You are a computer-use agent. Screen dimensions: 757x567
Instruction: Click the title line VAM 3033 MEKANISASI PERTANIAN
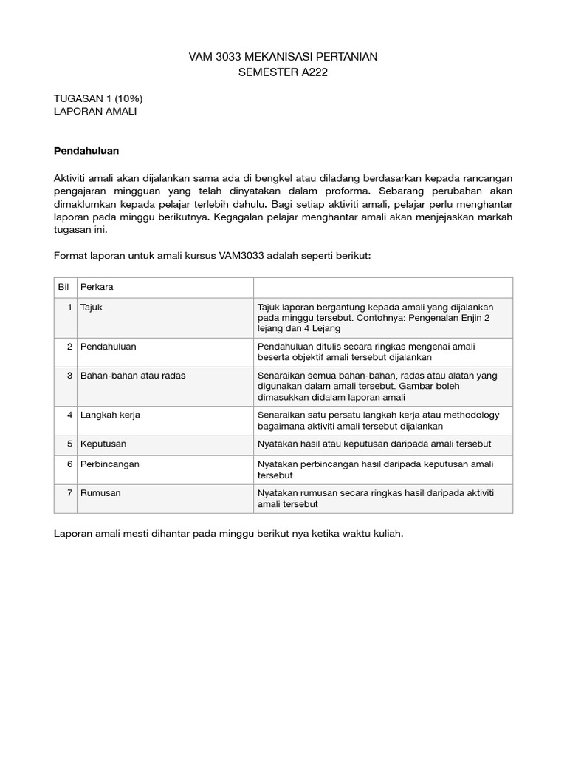pos(283,57)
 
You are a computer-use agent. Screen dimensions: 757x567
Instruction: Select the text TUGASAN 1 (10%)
pos(98,98)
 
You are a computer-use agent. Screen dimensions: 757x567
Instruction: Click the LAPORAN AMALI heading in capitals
pos(96,112)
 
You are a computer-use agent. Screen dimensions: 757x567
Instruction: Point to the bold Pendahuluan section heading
pos(86,151)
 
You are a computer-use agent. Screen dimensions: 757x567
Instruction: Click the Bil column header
pos(63,287)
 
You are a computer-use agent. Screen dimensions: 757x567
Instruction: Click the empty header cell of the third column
pos(382,287)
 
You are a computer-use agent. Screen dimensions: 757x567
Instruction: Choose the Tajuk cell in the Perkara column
pos(92,307)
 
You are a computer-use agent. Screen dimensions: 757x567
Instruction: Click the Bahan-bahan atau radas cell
pos(133,376)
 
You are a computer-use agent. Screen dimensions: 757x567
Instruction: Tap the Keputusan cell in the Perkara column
pos(104,444)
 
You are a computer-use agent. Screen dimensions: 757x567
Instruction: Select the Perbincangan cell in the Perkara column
pos(110,464)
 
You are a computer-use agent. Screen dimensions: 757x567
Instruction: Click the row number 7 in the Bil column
pos(69,492)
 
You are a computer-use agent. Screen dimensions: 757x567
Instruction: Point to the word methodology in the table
pos(472,415)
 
